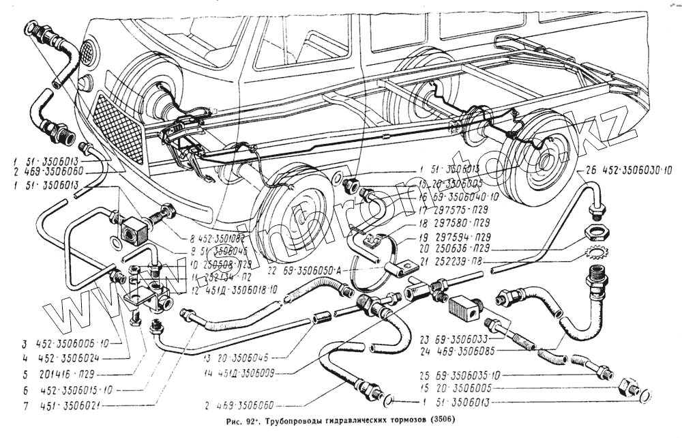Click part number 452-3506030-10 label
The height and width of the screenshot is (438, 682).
tap(633, 171)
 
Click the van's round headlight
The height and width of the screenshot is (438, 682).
tap(87, 52)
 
